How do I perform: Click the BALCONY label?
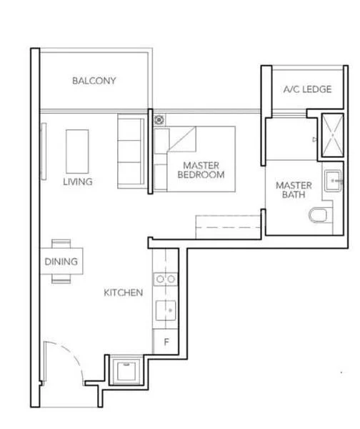pyautogui.click(x=94, y=81)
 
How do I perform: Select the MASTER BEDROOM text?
pyautogui.click(x=201, y=170)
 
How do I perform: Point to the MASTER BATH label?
pyautogui.click(x=294, y=190)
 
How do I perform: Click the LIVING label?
pyautogui.click(x=77, y=182)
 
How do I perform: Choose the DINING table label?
pyautogui.click(x=61, y=262)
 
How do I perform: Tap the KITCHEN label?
pyautogui.click(x=124, y=292)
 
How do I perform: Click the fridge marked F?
pyautogui.click(x=166, y=342)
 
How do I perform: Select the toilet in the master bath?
pyautogui.click(x=321, y=215)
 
